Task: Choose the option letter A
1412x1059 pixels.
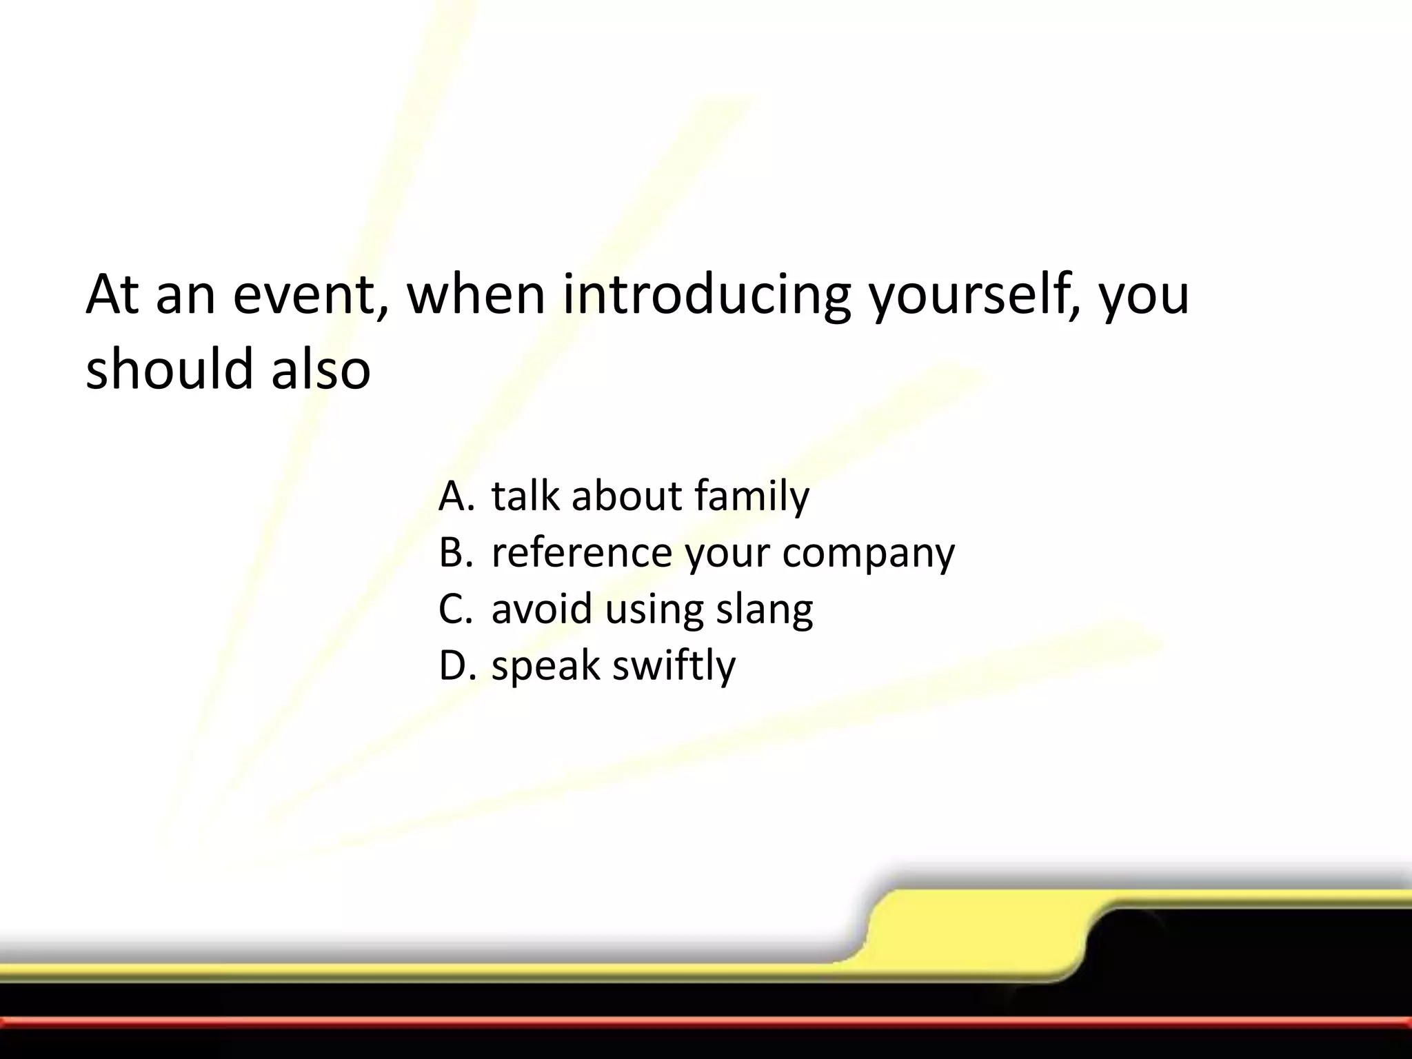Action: pyautogui.click(x=454, y=496)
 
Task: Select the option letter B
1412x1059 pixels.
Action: pyautogui.click(x=454, y=552)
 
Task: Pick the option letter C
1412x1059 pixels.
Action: pyautogui.click(x=454, y=609)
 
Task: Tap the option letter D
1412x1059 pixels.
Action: pyautogui.click(x=456, y=665)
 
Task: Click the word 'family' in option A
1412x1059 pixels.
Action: pyautogui.click(x=752, y=496)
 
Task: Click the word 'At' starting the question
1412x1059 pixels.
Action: pyautogui.click(x=113, y=294)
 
